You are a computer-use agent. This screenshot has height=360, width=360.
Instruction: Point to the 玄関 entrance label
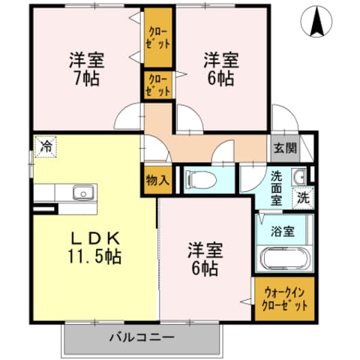[284, 147]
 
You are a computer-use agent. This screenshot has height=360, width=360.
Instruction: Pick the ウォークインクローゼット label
[285, 299]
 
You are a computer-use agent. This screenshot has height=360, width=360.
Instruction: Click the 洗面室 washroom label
[277, 188]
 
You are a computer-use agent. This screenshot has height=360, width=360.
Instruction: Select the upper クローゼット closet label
[158, 37]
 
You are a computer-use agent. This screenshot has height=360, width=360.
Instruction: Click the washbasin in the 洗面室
[299, 177]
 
